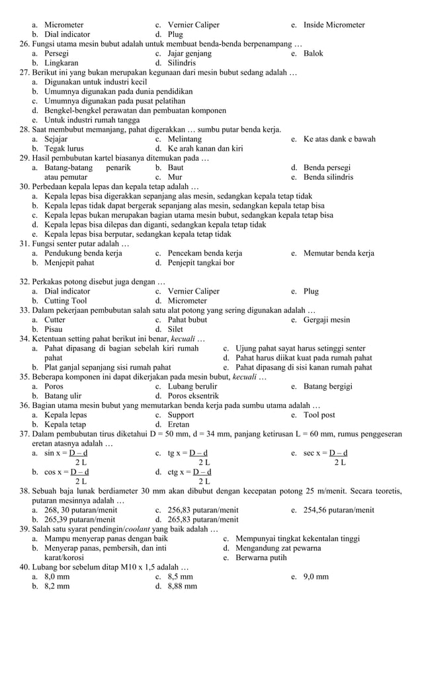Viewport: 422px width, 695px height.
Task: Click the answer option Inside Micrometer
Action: click(x=333, y=25)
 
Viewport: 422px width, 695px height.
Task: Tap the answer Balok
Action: click(x=313, y=54)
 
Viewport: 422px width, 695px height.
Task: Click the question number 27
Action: click(x=24, y=72)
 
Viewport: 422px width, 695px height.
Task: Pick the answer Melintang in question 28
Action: click(x=185, y=140)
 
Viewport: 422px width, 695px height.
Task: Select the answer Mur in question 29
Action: click(x=175, y=178)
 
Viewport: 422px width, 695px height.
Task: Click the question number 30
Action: click(x=24, y=187)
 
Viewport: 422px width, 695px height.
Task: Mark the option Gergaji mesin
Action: click(x=326, y=320)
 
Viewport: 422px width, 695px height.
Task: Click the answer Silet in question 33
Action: click(x=175, y=329)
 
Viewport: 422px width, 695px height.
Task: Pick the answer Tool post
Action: click(x=319, y=415)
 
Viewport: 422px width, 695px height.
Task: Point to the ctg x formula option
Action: click(x=189, y=472)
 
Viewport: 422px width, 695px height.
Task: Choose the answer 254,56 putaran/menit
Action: click(x=338, y=511)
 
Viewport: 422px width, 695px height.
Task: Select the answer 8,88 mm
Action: click(x=182, y=586)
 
